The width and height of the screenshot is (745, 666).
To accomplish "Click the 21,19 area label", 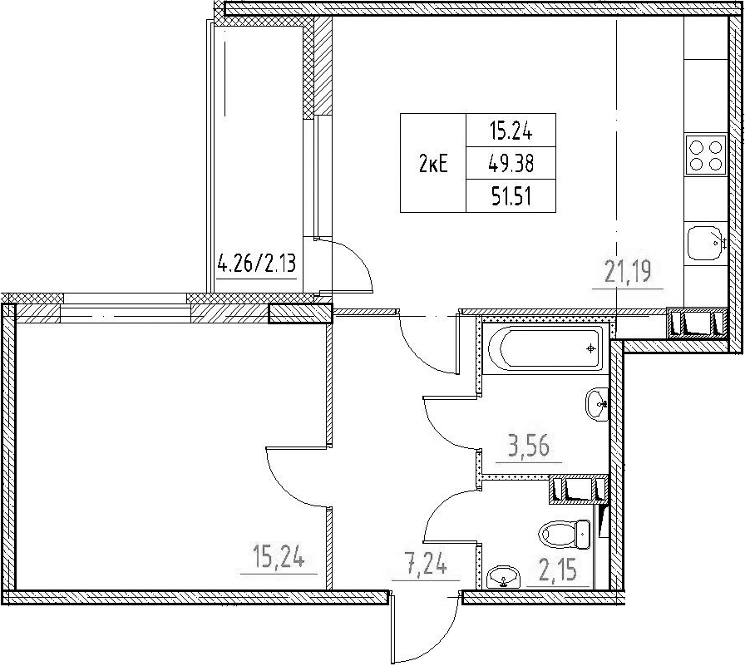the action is [x=628, y=272].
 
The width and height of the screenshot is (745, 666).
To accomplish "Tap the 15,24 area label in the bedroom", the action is [x=279, y=556].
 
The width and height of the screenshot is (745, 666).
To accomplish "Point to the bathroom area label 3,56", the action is [x=528, y=446].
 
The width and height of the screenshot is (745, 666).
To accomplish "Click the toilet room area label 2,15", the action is [x=558, y=570].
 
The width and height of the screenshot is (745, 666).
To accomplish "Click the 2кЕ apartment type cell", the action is [x=433, y=165].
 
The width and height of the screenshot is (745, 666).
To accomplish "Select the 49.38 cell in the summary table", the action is [x=511, y=163].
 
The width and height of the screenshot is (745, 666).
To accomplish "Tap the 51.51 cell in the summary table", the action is [x=511, y=195].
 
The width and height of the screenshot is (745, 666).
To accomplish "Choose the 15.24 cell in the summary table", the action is [x=511, y=131].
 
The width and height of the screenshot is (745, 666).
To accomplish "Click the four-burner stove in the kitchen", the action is [x=706, y=155].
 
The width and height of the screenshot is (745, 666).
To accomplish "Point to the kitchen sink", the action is [x=706, y=244].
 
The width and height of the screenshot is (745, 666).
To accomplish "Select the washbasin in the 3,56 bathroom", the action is [x=597, y=404].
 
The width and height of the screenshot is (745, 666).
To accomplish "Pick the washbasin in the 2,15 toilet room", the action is [x=505, y=578].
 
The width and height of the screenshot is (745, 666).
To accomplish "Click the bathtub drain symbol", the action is [x=590, y=348].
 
